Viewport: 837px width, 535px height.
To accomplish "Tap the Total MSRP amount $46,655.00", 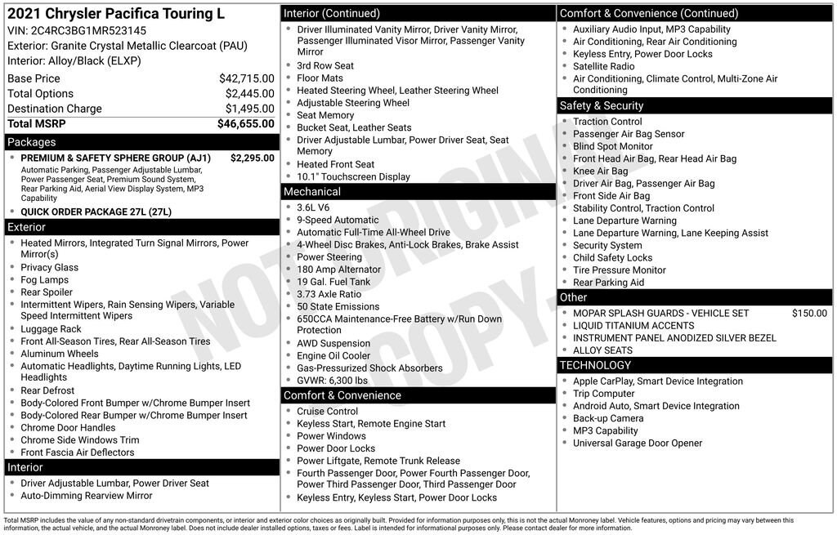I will (x=245, y=123).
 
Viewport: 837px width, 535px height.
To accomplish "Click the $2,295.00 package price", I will (x=253, y=158).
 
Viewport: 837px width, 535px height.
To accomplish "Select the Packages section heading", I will (x=32, y=142).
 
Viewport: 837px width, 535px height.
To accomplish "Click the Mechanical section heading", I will (x=311, y=191).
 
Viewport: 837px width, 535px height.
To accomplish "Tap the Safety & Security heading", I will (x=601, y=105).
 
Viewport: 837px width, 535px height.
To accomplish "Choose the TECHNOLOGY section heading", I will (x=595, y=365).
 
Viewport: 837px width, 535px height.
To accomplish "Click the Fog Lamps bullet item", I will (x=45, y=279).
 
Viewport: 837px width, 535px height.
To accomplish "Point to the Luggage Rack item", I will (x=51, y=329).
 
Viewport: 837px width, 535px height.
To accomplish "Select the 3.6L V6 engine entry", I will (x=315, y=207).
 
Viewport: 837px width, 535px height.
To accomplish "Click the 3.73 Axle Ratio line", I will (x=329, y=294).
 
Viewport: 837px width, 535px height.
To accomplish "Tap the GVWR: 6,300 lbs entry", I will (x=332, y=381).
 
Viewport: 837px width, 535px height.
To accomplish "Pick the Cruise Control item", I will (x=327, y=412).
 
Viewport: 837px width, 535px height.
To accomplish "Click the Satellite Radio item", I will (x=603, y=66).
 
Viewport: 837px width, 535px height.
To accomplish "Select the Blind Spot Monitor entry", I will (x=612, y=146).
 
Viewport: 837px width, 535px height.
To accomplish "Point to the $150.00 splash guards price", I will (x=809, y=313).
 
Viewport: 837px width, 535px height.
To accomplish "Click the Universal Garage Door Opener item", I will (x=638, y=444).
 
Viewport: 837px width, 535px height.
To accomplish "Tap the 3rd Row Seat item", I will (x=325, y=66).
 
